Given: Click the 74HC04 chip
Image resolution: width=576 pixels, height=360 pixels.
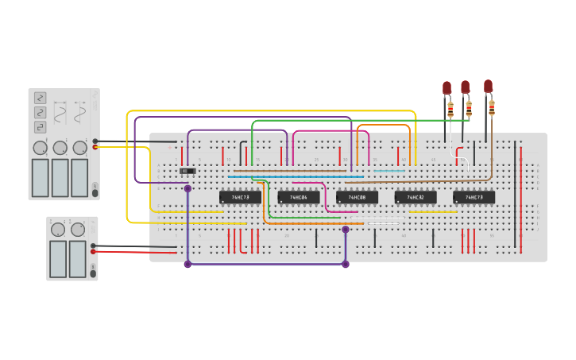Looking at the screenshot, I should click(299, 197).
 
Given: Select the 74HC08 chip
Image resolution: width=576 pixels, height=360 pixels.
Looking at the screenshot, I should click(357, 197).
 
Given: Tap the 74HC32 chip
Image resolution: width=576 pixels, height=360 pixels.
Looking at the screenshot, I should click(416, 197).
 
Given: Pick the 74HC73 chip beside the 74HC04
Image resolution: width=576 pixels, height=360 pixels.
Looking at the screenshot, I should click(240, 197).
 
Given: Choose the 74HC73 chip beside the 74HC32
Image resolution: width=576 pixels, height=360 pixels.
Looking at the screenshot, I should click(474, 197).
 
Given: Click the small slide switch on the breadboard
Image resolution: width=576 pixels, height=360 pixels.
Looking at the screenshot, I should click(187, 171).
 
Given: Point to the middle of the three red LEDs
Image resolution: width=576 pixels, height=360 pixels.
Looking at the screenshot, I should click(466, 87).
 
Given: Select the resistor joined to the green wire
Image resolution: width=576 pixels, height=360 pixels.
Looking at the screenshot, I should click(469, 105).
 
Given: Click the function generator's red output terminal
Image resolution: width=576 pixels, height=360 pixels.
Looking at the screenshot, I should click(95, 147).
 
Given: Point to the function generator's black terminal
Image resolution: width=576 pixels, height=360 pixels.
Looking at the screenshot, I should click(95, 141).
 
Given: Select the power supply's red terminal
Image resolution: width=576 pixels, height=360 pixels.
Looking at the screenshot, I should click(94, 252).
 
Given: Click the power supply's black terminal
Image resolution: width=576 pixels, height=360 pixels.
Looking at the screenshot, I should click(94, 246).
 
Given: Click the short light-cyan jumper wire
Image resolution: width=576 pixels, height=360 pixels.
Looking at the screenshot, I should click(389, 171).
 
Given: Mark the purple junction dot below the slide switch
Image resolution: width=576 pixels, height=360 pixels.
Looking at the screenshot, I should click(187, 188).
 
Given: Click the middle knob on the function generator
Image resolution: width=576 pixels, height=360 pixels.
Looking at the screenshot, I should click(60, 148).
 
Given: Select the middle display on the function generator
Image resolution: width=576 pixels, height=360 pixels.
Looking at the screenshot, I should click(60, 177).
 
